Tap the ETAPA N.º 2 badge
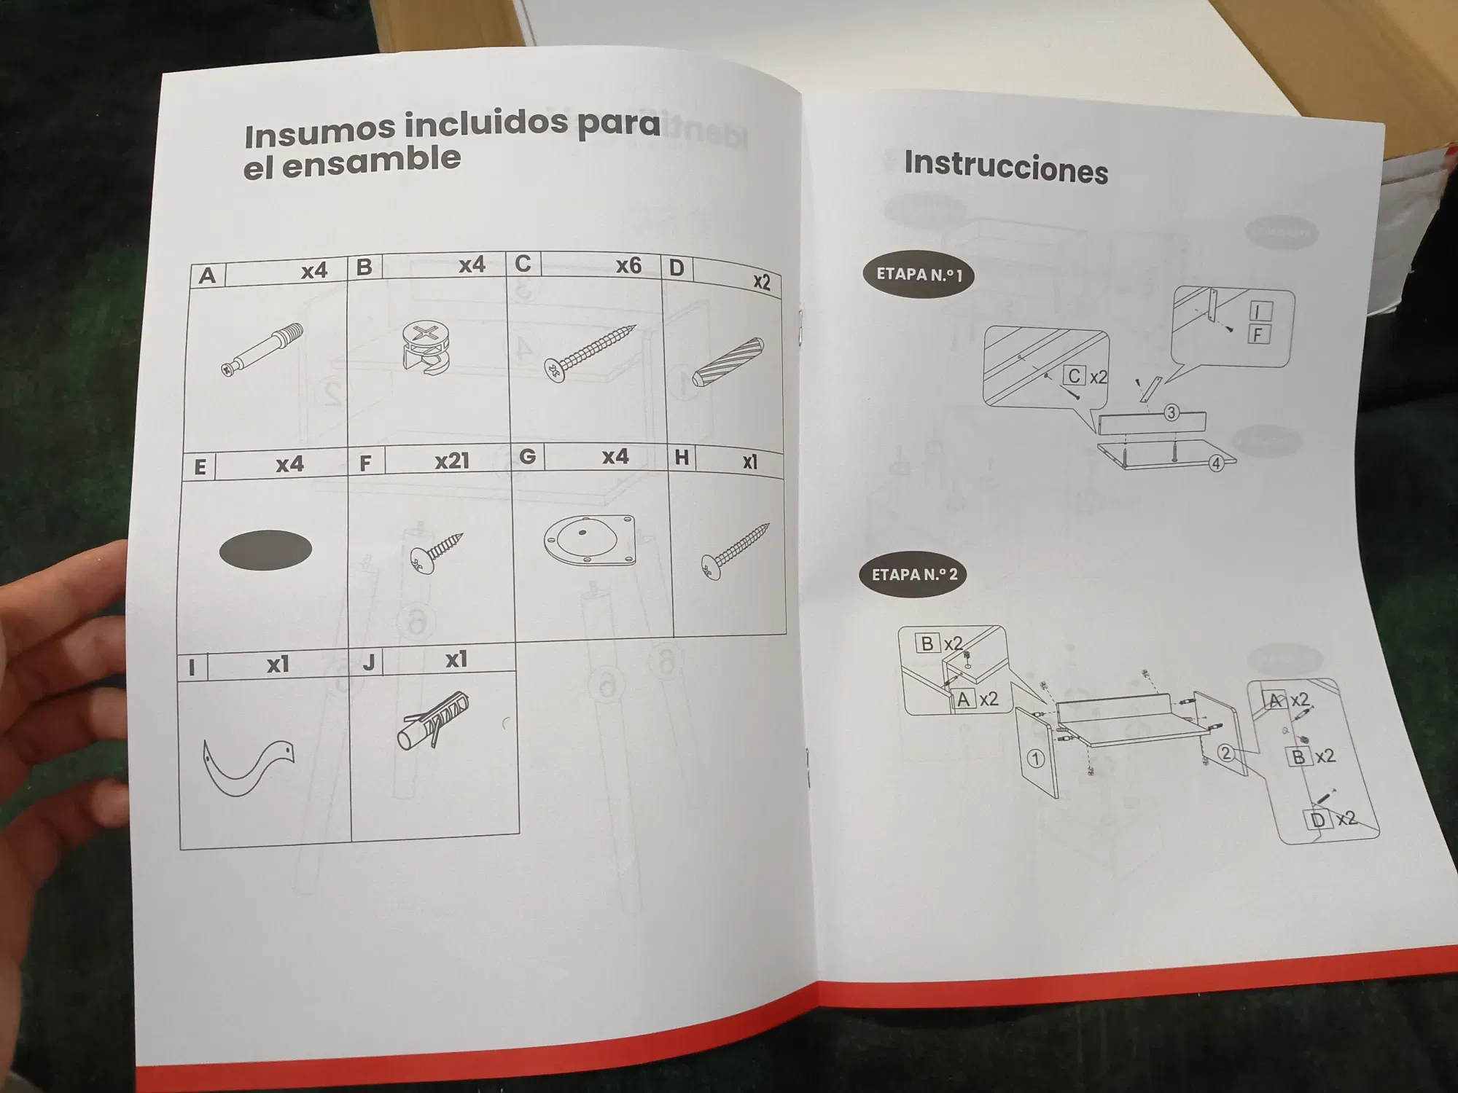click(914, 574)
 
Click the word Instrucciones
click(1006, 168)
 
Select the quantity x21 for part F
click(452, 461)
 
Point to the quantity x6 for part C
click(628, 265)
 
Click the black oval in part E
click(265, 549)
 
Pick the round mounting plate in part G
click(590, 540)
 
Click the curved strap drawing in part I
click(248, 767)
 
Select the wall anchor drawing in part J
click(433, 721)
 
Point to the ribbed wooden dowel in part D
click(728, 362)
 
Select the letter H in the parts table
click(682, 458)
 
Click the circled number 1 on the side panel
click(1035, 759)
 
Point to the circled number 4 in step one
click(1216, 463)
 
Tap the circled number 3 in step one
click(1171, 412)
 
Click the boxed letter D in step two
click(1317, 820)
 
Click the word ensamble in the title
click(371, 162)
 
